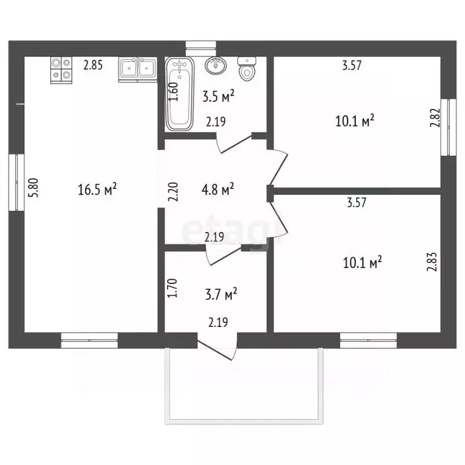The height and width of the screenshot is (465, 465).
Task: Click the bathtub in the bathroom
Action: [180, 93]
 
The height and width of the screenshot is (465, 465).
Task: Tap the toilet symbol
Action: [247, 69]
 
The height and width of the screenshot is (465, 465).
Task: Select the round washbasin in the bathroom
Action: [216, 65]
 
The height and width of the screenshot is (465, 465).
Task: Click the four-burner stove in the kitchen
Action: [61, 70]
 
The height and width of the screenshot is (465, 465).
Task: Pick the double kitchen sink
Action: [137, 70]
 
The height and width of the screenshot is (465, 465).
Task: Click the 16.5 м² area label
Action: [97, 189]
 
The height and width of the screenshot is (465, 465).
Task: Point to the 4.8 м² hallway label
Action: [218, 189]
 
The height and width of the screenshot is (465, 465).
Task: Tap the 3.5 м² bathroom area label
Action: [218, 96]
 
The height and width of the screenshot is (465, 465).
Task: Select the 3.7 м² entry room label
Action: [221, 294]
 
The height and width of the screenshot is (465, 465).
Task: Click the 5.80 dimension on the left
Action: [33, 188]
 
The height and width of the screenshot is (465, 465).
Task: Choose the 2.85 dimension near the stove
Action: [93, 65]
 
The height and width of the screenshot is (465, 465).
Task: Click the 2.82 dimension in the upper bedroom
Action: [435, 117]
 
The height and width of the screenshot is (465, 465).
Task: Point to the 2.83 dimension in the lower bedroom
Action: [432, 262]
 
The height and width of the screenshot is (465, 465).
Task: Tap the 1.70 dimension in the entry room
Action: [173, 288]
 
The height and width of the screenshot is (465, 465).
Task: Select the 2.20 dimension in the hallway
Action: [173, 192]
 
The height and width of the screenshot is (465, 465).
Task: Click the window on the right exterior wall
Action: [449, 127]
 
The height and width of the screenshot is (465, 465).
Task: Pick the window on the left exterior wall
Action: [16, 182]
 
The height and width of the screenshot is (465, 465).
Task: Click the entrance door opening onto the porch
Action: [218, 347]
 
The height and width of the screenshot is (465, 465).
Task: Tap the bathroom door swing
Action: [234, 143]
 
